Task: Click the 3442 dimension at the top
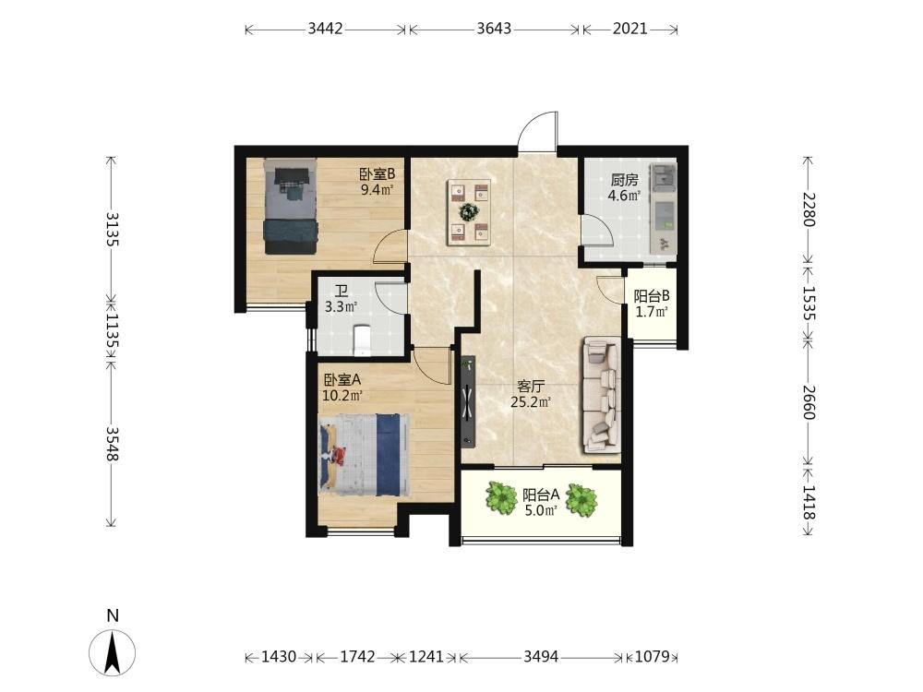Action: tap(325, 29)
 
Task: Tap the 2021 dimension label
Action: tap(629, 29)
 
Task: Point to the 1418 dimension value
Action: tap(809, 502)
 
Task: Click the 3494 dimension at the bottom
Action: tap(541, 655)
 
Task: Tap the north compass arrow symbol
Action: tap(112, 651)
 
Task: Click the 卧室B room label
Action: tap(377, 174)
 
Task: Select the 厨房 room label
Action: tap(624, 180)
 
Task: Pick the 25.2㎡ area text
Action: tap(531, 402)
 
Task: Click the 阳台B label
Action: tap(651, 296)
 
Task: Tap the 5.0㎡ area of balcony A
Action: tap(541, 510)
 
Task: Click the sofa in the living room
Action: tap(602, 395)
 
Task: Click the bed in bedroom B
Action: tap(290, 207)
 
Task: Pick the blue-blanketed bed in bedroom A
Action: tap(365, 454)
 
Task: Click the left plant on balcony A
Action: tap(501, 498)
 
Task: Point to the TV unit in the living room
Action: tap(468, 400)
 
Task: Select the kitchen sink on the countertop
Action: tap(664, 175)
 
